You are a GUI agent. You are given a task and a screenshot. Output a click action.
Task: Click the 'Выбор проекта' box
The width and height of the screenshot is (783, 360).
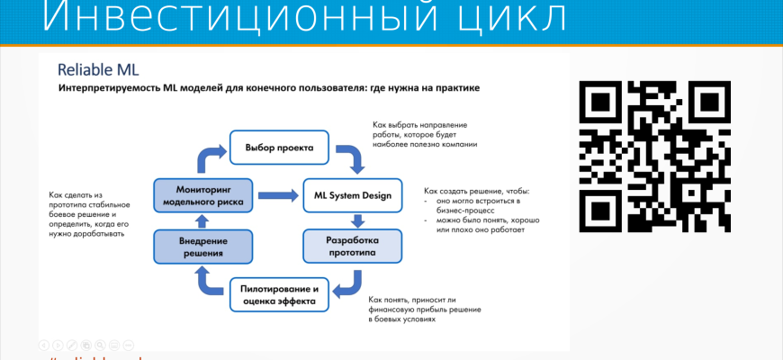[x=274, y=147]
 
